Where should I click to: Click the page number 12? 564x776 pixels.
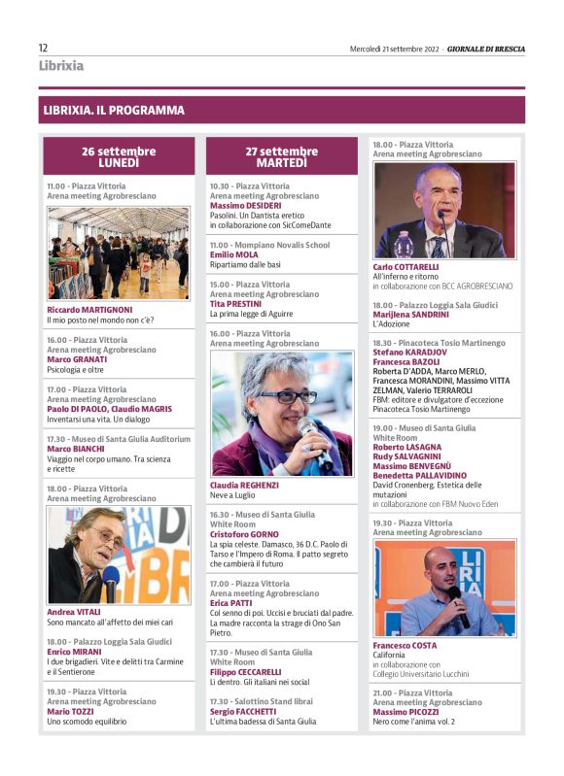[44, 48]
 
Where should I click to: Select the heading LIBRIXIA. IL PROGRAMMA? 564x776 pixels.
[114, 111]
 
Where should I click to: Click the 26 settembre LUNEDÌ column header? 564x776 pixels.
[119, 156]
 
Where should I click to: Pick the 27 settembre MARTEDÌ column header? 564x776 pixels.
[281, 156]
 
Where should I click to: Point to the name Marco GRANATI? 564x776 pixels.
[77, 359]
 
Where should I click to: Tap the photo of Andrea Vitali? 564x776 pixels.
[119, 555]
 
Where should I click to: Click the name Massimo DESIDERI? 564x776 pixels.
[245, 205]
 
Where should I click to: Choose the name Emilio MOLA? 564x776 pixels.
[233, 254]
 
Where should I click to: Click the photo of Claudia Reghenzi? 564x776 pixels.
[281, 413]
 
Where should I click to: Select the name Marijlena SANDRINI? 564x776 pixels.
[411, 315]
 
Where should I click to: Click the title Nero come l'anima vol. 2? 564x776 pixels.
[413, 723]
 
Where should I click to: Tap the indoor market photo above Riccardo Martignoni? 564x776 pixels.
[119, 253]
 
